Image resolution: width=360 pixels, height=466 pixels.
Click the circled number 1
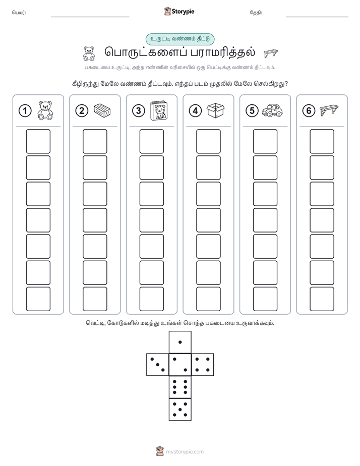(25, 111)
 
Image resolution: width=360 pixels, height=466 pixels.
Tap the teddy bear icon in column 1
(45, 110)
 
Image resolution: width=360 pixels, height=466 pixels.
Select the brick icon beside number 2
(102, 110)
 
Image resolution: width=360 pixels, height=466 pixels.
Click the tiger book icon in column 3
(159, 110)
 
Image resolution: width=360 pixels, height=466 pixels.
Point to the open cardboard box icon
(215, 110)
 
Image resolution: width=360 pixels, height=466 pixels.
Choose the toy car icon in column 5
(272, 110)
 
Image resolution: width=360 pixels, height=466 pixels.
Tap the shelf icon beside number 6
(329, 110)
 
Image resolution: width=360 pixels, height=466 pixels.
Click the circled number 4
(195, 111)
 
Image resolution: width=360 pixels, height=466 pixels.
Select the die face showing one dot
(180, 342)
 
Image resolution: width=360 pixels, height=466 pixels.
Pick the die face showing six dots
(180, 387)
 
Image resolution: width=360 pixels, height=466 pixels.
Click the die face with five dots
(180, 410)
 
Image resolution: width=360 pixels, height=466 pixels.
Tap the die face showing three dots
(158, 365)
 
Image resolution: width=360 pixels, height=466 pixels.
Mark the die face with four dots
(203, 365)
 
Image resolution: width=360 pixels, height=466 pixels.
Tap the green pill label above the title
(180, 39)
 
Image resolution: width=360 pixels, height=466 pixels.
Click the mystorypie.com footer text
(185, 452)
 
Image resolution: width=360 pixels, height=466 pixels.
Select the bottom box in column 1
(38, 299)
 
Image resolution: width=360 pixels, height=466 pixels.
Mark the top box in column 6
(322, 141)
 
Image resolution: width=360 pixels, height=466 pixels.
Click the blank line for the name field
(90, 17)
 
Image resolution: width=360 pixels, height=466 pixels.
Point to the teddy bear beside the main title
(89, 53)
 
